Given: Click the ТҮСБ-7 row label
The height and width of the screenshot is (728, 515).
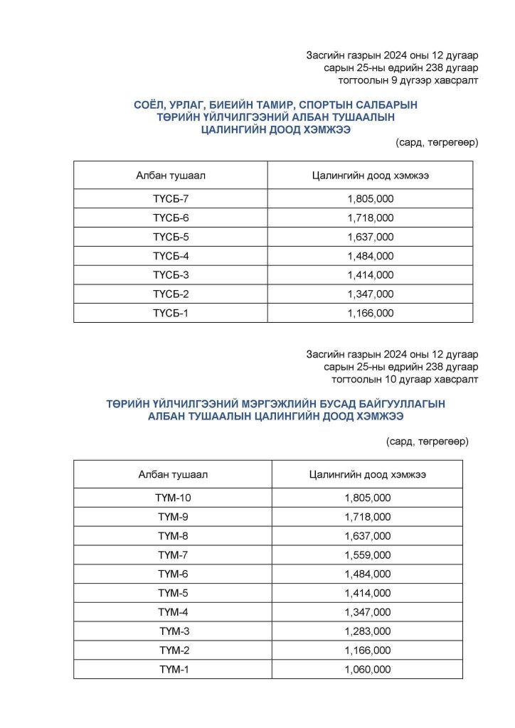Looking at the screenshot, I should point(171,198).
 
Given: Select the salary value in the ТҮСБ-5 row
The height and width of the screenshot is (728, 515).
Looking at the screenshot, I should point(370,237).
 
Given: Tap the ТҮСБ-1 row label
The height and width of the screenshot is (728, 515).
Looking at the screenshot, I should point(171,313).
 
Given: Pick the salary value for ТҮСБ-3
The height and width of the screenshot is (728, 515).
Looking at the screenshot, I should point(370,275).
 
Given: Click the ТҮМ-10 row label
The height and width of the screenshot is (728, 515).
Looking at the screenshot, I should point(173,498).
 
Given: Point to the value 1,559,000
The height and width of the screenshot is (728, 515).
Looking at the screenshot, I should point(368,555).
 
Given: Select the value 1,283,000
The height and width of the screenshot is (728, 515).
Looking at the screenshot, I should point(368,631).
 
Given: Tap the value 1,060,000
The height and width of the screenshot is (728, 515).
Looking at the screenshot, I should point(368,670).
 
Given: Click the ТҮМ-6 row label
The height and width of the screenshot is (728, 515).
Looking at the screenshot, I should point(173,574).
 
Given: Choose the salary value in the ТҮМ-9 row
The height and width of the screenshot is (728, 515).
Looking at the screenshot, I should point(368,517).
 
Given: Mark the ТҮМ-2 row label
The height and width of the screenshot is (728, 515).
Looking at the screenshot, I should point(173,651).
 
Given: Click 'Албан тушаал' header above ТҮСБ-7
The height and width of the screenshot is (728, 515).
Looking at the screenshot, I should point(171,175).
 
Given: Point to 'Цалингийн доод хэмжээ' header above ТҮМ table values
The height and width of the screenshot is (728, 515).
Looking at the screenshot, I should point(368,474).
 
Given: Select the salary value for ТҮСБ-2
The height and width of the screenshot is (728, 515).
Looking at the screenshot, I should point(370,294).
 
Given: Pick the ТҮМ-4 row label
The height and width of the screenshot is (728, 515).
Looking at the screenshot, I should point(173,612).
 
